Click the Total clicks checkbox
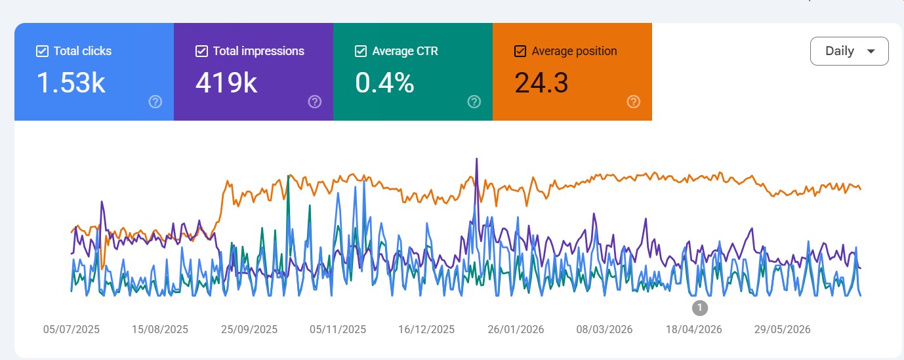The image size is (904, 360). click(42, 51)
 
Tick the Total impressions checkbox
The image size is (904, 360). click(201, 51)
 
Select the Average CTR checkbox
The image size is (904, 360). click(361, 51)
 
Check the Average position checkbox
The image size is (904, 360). click(520, 51)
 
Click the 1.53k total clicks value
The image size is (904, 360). click(71, 83)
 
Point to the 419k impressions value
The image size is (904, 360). click(226, 83)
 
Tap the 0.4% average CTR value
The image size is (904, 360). click(384, 83)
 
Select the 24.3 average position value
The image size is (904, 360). click(542, 83)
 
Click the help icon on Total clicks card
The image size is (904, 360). click(155, 102)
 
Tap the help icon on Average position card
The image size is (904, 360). click(634, 102)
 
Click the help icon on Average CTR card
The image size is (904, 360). click(474, 102)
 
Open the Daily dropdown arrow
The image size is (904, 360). click(871, 51)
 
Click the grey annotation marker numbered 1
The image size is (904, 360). click(700, 308)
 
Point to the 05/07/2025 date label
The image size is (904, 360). click(72, 329)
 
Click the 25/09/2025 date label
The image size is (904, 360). click(249, 329)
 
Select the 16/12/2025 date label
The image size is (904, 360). click(426, 329)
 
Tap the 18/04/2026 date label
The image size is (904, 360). click(693, 329)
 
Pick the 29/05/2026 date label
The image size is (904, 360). click(783, 329)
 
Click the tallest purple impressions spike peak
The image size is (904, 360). click(477, 159)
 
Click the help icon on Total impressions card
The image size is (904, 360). click(315, 102)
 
